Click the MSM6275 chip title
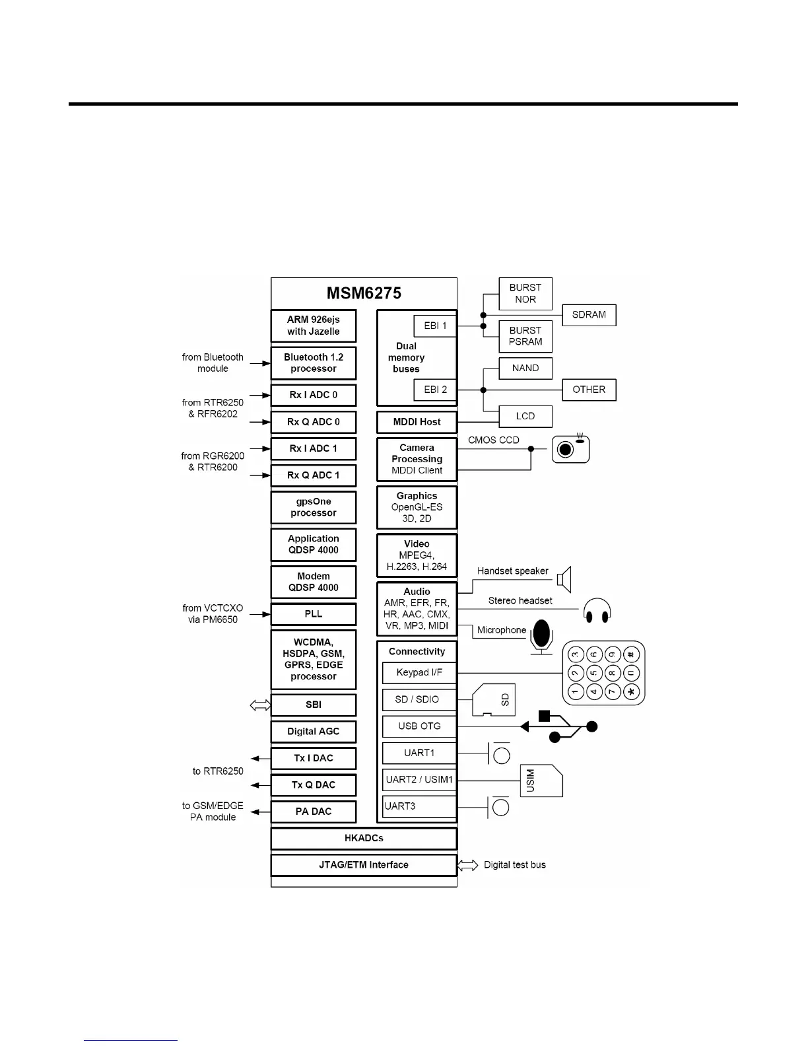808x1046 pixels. [x=364, y=293]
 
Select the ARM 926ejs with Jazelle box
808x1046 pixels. [x=314, y=326]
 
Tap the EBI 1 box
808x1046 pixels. [x=435, y=326]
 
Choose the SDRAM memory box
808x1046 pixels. [x=589, y=315]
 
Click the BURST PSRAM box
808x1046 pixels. [x=525, y=336]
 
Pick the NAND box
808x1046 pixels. [x=525, y=368]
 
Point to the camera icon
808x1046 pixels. [x=570, y=449]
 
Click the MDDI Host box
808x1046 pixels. [x=417, y=422]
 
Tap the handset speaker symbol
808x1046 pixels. [x=564, y=580]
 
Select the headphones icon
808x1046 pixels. [x=597, y=610]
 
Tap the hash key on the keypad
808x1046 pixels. [x=632, y=654]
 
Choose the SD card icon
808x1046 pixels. [x=494, y=700]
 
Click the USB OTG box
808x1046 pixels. [x=419, y=726]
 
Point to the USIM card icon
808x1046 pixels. [x=541, y=781]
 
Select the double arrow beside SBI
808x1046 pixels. [x=260, y=705]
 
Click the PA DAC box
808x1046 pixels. [x=314, y=812]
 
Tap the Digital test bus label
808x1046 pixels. [x=515, y=865]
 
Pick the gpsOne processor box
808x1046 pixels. [x=314, y=507]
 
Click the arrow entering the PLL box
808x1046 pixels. [x=259, y=614]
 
